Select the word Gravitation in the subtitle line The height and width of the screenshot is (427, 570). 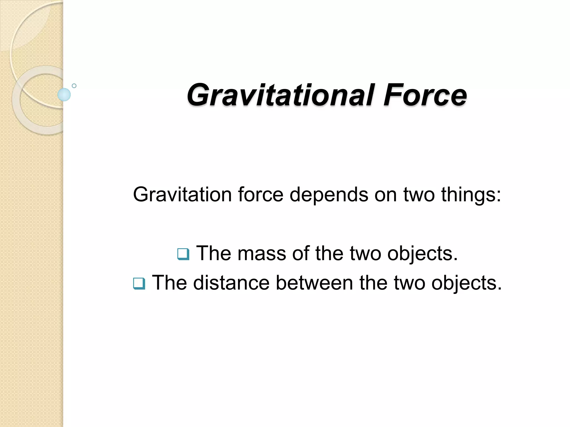click(182, 194)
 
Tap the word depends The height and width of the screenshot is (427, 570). click(329, 195)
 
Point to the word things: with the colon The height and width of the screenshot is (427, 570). click(471, 195)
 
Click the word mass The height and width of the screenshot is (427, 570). click(262, 253)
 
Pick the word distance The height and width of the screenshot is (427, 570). click(231, 283)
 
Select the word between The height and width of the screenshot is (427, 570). click(315, 283)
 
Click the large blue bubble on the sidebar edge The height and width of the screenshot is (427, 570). click(64, 95)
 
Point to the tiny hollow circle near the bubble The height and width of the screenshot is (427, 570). click(74, 86)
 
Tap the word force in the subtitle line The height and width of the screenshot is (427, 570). click(261, 194)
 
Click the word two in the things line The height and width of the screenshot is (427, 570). click(419, 194)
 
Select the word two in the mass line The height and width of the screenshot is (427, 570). click(365, 253)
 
